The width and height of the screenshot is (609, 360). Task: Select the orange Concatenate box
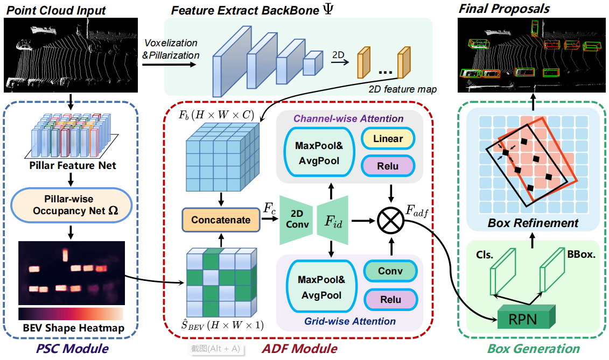point(221,220)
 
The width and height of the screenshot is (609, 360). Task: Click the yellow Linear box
point(388,139)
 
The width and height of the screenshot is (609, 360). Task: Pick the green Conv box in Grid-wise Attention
point(390,271)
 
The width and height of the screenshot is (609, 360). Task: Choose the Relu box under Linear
point(388,166)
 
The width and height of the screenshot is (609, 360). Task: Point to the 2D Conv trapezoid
point(297,220)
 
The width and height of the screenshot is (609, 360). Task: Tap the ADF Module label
point(299,349)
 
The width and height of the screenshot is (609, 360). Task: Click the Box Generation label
point(533,349)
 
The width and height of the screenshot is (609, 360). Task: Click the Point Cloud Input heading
point(57,10)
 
